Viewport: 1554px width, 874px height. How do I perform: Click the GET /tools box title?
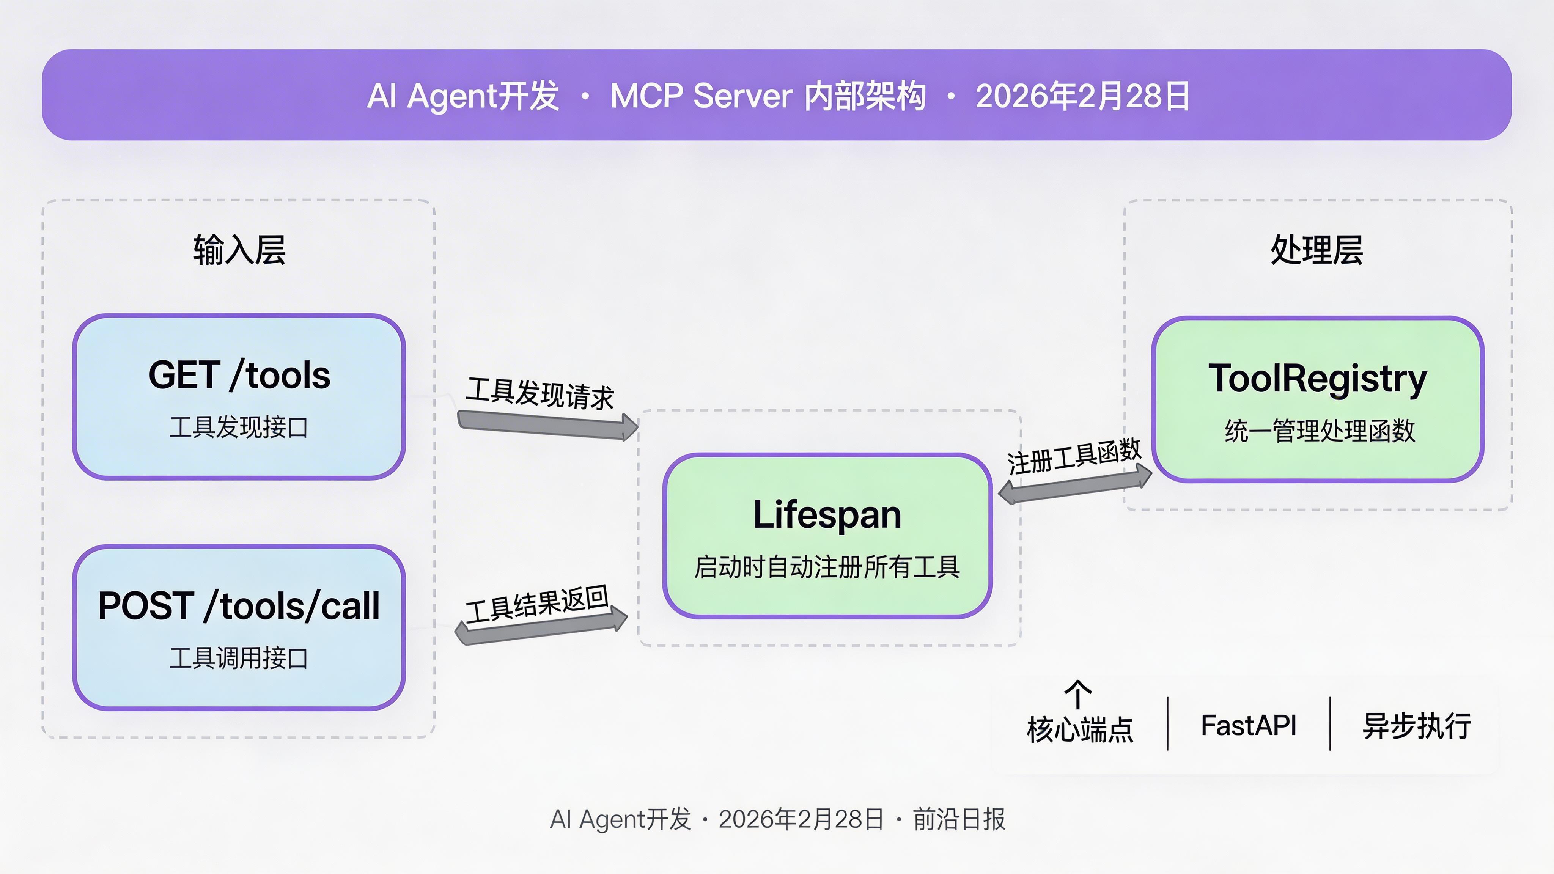pos(239,375)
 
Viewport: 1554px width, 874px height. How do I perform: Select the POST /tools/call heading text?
pos(239,605)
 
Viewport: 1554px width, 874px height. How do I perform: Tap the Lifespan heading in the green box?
pos(827,514)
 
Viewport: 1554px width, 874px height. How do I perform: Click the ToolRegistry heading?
pos(1318,379)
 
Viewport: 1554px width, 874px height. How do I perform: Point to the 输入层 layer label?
pos(239,250)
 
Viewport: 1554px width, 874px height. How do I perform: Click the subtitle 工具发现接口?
pos(239,427)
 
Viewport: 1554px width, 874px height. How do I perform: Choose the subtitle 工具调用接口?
pos(239,658)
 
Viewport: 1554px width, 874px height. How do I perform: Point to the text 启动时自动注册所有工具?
pos(827,567)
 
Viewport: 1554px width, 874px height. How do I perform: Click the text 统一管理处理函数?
pos(1319,431)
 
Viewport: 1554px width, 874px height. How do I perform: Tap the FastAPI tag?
pos(1248,725)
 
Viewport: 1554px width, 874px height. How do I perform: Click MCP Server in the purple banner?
pos(701,96)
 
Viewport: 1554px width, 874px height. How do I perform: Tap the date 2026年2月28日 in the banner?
pos(1082,96)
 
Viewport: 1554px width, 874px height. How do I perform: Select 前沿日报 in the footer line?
pos(959,819)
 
